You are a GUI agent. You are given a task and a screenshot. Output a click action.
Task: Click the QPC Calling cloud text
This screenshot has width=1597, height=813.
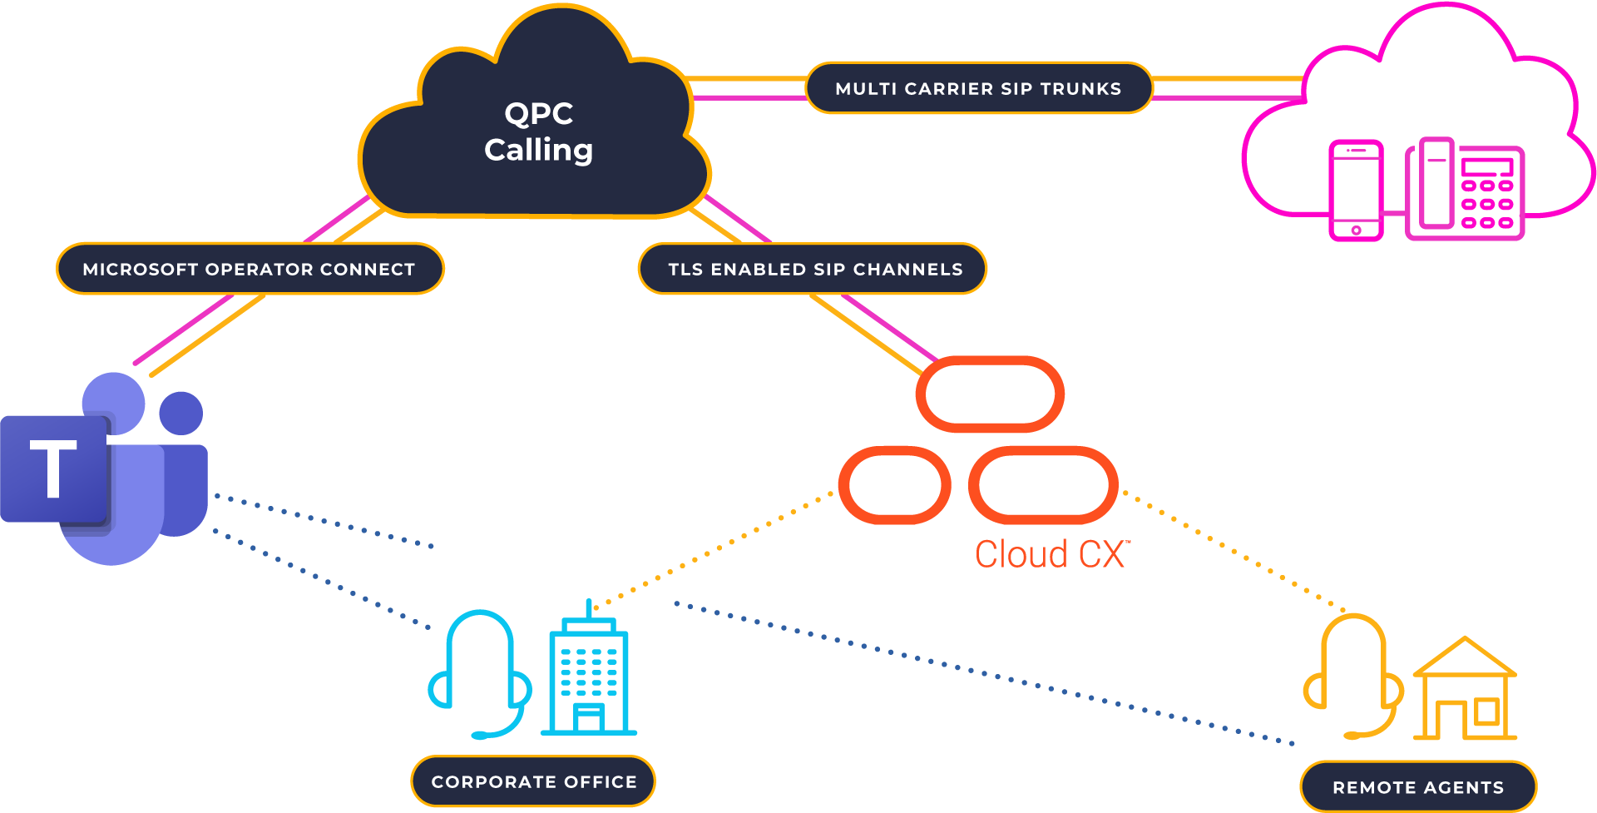(x=538, y=132)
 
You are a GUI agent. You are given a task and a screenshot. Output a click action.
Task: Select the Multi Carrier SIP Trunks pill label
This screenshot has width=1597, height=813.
(x=978, y=88)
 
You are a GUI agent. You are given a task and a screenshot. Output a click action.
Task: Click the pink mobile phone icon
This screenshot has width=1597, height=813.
(x=1356, y=191)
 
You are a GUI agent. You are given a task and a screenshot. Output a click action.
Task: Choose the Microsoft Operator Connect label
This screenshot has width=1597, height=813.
(x=250, y=269)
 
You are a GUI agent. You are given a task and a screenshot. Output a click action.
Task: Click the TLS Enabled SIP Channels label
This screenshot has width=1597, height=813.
(x=814, y=269)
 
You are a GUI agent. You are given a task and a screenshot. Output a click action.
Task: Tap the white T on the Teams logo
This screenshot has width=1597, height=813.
(x=53, y=468)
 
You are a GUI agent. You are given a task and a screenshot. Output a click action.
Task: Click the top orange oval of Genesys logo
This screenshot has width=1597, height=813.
(x=990, y=394)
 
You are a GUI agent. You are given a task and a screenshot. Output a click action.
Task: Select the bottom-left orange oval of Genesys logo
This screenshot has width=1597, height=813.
(x=894, y=485)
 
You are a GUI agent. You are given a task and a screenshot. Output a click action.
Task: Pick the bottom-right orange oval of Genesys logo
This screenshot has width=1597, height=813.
(x=1043, y=485)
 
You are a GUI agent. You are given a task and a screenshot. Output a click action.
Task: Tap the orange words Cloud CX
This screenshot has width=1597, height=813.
(x=1052, y=554)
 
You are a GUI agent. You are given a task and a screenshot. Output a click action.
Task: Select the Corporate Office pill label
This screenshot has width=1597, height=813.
(x=533, y=781)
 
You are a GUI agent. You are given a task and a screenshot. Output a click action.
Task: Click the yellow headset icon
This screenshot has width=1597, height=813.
(x=1353, y=677)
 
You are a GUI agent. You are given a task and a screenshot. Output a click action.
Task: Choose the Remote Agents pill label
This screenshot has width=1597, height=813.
(x=1418, y=786)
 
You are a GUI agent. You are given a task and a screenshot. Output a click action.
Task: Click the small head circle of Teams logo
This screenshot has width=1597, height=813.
(x=181, y=413)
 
